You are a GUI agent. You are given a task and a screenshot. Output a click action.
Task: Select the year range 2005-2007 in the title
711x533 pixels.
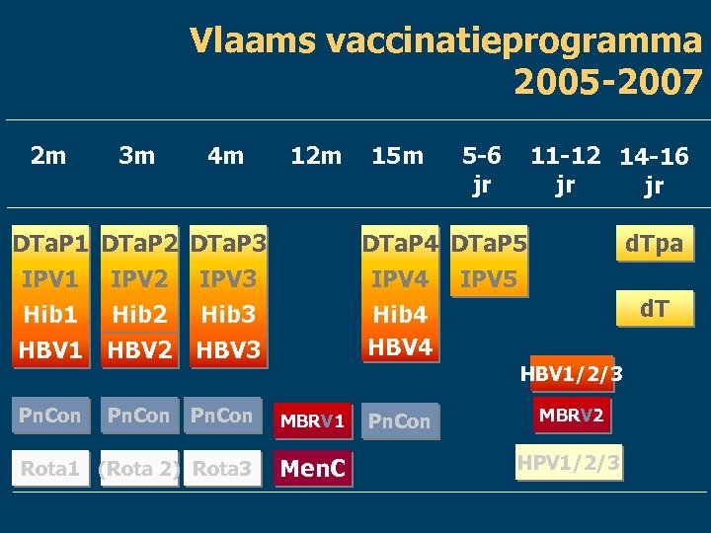tap(607, 83)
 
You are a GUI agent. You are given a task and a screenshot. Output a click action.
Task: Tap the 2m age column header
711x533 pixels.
tap(48, 155)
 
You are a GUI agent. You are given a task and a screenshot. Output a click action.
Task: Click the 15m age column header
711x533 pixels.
tap(397, 155)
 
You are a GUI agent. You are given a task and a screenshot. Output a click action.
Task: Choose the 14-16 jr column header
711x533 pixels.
tap(653, 170)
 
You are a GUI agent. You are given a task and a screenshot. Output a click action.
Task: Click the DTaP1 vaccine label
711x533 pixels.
tap(49, 243)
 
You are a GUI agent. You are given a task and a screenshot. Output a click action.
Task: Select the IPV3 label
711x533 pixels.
tap(227, 279)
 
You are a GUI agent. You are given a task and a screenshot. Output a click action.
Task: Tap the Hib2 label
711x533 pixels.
tap(138, 315)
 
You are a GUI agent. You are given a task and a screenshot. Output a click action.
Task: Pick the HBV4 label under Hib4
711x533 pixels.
tap(400, 347)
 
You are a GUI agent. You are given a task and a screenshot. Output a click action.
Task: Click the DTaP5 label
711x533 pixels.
tap(489, 243)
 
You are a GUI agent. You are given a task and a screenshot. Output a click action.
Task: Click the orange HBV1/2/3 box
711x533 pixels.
tap(572, 374)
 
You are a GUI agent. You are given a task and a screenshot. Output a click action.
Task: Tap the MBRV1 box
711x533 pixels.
tap(312, 421)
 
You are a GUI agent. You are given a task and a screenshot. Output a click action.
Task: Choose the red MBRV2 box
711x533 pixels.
tap(572, 415)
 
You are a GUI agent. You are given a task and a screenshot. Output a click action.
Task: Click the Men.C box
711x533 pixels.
tap(313, 468)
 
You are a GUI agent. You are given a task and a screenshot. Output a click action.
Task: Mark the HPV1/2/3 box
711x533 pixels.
tap(572, 462)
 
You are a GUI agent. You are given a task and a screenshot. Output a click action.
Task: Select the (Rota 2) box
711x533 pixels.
tap(139, 469)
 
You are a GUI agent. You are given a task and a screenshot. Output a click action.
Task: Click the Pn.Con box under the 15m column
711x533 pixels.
tap(399, 421)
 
